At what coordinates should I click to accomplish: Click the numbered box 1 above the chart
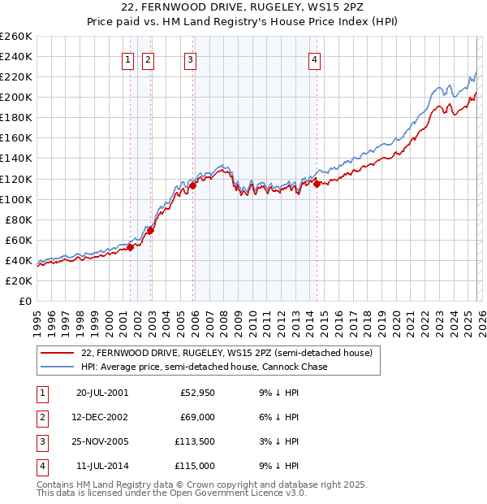(128, 59)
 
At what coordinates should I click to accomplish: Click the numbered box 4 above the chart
(314, 59)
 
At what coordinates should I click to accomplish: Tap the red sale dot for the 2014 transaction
(317, 184)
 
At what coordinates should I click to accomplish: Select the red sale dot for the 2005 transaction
(193, 185)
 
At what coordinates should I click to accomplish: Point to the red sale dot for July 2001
(131, 247)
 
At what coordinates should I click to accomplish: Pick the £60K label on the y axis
(19, 240)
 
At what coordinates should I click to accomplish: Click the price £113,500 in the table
(196, 442)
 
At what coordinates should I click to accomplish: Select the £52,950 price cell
(196, 392)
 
